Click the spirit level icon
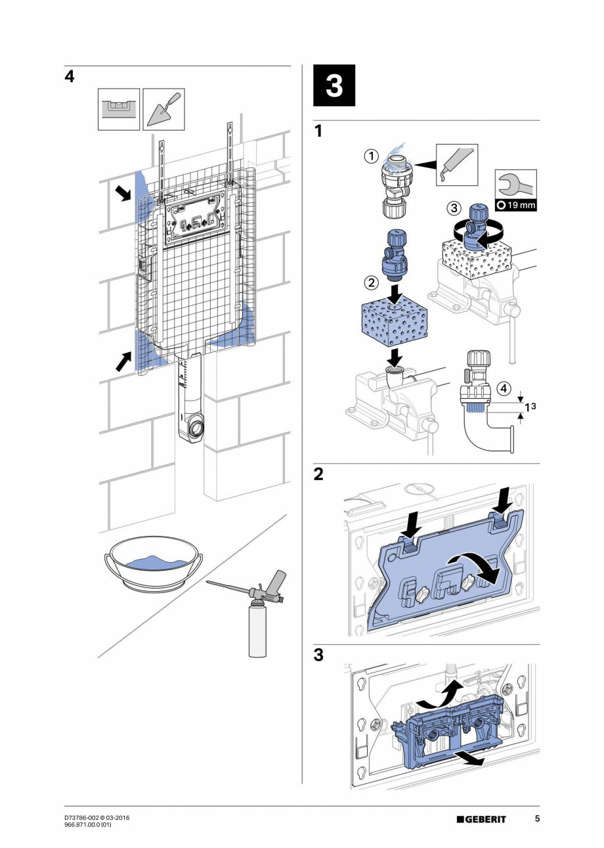[x=119, y=109]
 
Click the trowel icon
[x=163, y=109]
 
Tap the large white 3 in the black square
[x=334, y=85]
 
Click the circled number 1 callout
[x=372, y=156]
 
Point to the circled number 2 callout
[x=371, y=283]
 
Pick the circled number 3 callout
[x=454, y=208]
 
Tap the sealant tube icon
[x=457, y=165]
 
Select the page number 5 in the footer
[x=536, y=818]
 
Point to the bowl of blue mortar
[x=153, y=564]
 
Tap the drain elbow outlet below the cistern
[x=196, y=430]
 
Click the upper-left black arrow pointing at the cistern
[x=123, y=193]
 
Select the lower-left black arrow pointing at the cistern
[x=123, y=360]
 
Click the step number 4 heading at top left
[x=70, y=76]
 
